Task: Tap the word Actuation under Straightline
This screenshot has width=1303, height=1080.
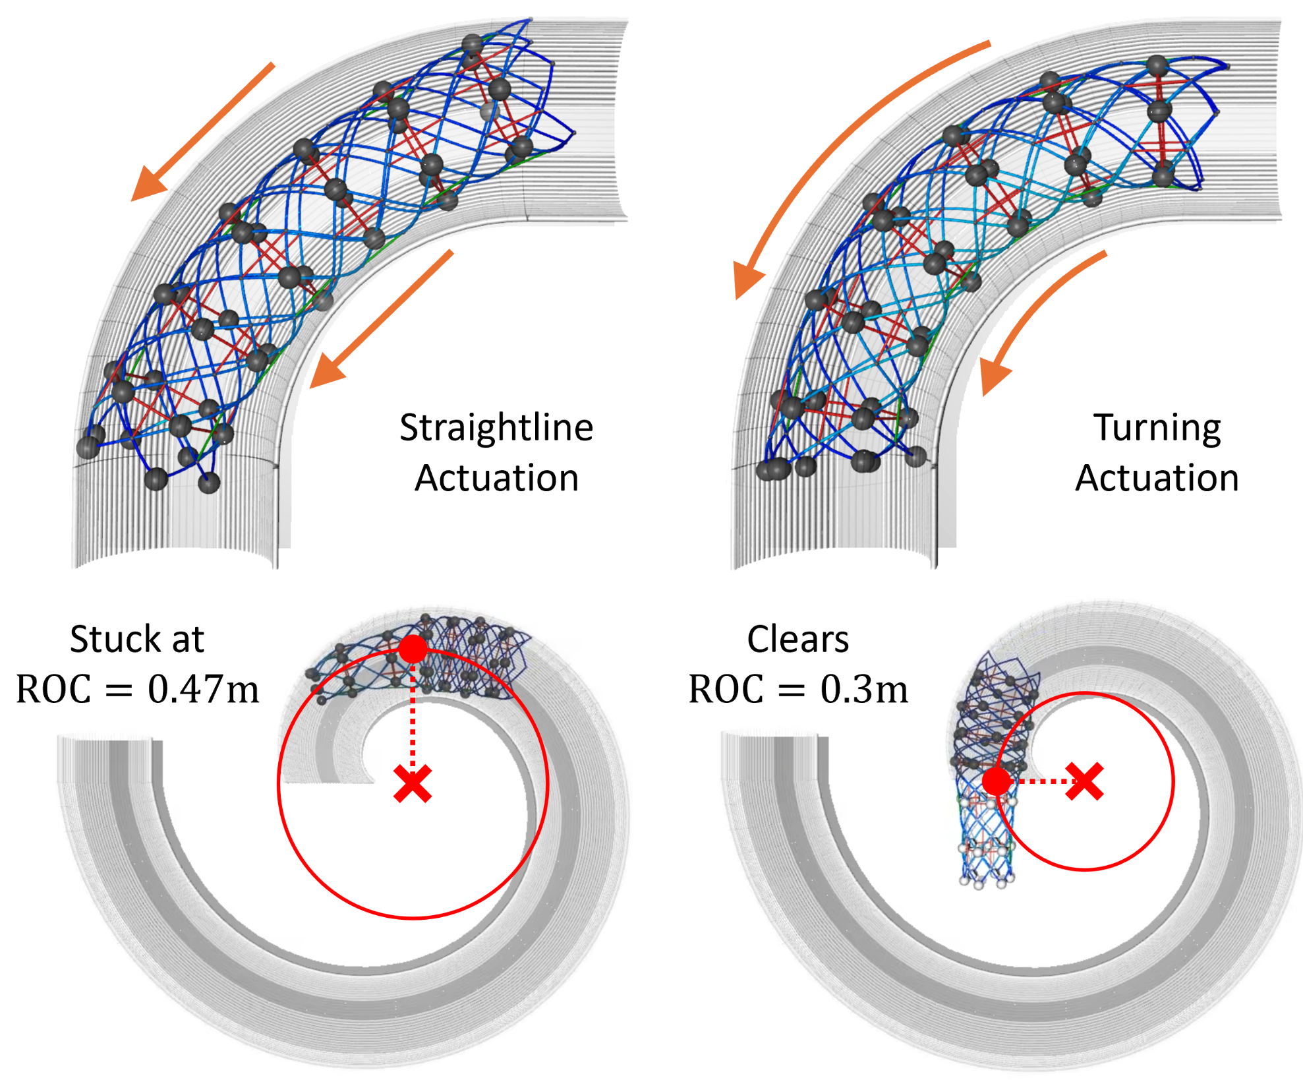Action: click(x=497, y=478)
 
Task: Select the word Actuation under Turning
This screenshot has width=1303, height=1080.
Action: click(x=1157, y=478)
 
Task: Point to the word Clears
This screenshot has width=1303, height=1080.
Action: click(x=797, y=639)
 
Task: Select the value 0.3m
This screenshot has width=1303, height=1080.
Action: click(x=865, y=690)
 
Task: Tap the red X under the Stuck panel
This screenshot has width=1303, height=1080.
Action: click(x=413, y=783)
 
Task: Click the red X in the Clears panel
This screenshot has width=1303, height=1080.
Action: click(x=1084, y=781)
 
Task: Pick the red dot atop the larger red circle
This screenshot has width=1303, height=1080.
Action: click(x=413, y=649)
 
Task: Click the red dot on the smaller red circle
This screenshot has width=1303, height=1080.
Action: click(x=997, y=781)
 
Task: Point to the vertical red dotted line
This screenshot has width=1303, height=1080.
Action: click(x=413, y=716)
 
